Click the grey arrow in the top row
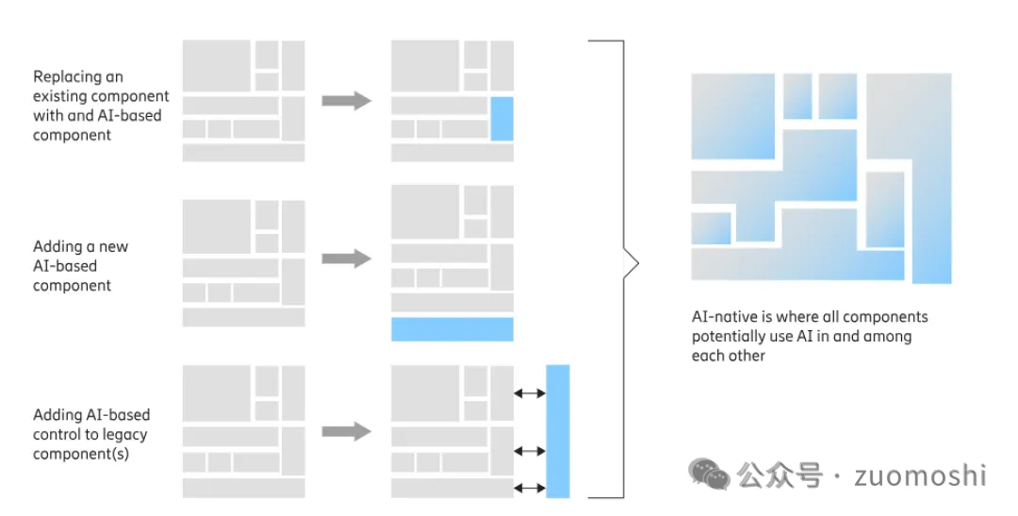[346, 101]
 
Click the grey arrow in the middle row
[346, 258]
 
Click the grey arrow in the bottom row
[346, 431]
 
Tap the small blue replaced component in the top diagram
[501, 119]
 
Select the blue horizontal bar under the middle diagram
[452, 329]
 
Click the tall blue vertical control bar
[558, 430]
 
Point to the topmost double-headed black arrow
[530, 392]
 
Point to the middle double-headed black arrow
[530, 451]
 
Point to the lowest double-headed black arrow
[530, 488]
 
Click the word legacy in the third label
[125, 435]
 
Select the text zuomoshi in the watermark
[920, 474]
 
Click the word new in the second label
[112, 247]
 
